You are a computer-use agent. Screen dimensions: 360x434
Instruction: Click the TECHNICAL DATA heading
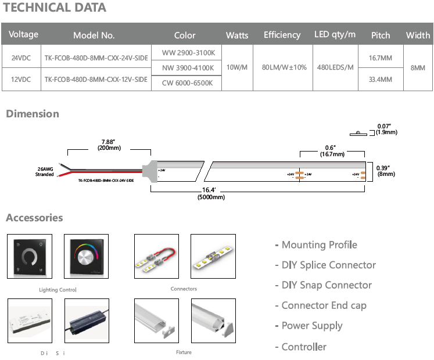pos(55,8)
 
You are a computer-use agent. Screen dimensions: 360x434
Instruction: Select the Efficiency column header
pos(282,35)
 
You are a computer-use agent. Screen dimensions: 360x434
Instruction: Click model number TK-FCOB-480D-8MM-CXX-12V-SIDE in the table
pos(96,79)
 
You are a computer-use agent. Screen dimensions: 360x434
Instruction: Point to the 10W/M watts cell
pos(237,68)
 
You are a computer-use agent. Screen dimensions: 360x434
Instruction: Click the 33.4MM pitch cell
pos(381,79)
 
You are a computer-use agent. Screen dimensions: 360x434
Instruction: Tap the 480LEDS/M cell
pos(336,68)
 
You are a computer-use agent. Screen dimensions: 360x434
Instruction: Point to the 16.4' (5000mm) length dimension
pos(211,193)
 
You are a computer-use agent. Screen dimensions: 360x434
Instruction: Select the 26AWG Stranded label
pos(45,171)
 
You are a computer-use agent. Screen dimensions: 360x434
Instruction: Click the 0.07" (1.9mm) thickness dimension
pos(386,129)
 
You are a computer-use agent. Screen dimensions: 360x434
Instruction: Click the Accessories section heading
pos(34,218)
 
